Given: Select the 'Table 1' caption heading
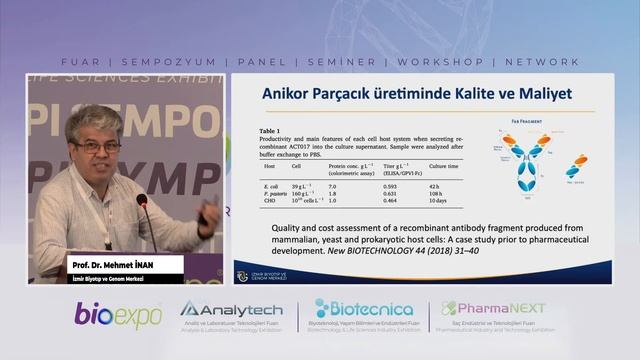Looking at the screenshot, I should click(x=269, y=130).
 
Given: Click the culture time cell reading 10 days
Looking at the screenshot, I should click(x=440, y=200).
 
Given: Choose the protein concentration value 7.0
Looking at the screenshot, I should click(x=332, y=185).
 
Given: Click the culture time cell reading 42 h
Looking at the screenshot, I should click(x=436, y=185).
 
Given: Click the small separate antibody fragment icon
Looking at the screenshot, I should click(x=576, y=166).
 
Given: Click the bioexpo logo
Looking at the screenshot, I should click(x=118, y=314).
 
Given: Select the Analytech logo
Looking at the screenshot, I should click(x=231, y=310).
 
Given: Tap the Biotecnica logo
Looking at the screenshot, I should click(x=364, y=309).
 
